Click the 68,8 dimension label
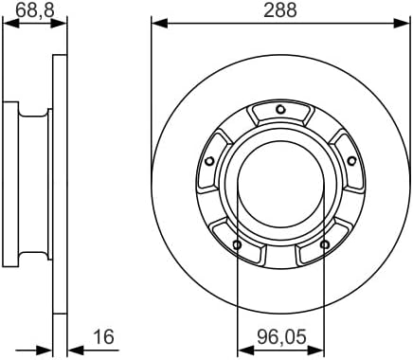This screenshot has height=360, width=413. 35,9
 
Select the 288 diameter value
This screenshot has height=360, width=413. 280,9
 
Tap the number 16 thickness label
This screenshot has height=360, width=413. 104,336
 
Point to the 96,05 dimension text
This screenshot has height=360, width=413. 281,336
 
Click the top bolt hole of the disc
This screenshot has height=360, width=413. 280,110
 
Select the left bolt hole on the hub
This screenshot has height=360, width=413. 209,161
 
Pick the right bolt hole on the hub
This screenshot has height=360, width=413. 351,161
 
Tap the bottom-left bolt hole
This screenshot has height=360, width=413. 237,244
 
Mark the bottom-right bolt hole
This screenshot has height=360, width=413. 324,244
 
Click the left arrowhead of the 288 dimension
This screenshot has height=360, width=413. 159,24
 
